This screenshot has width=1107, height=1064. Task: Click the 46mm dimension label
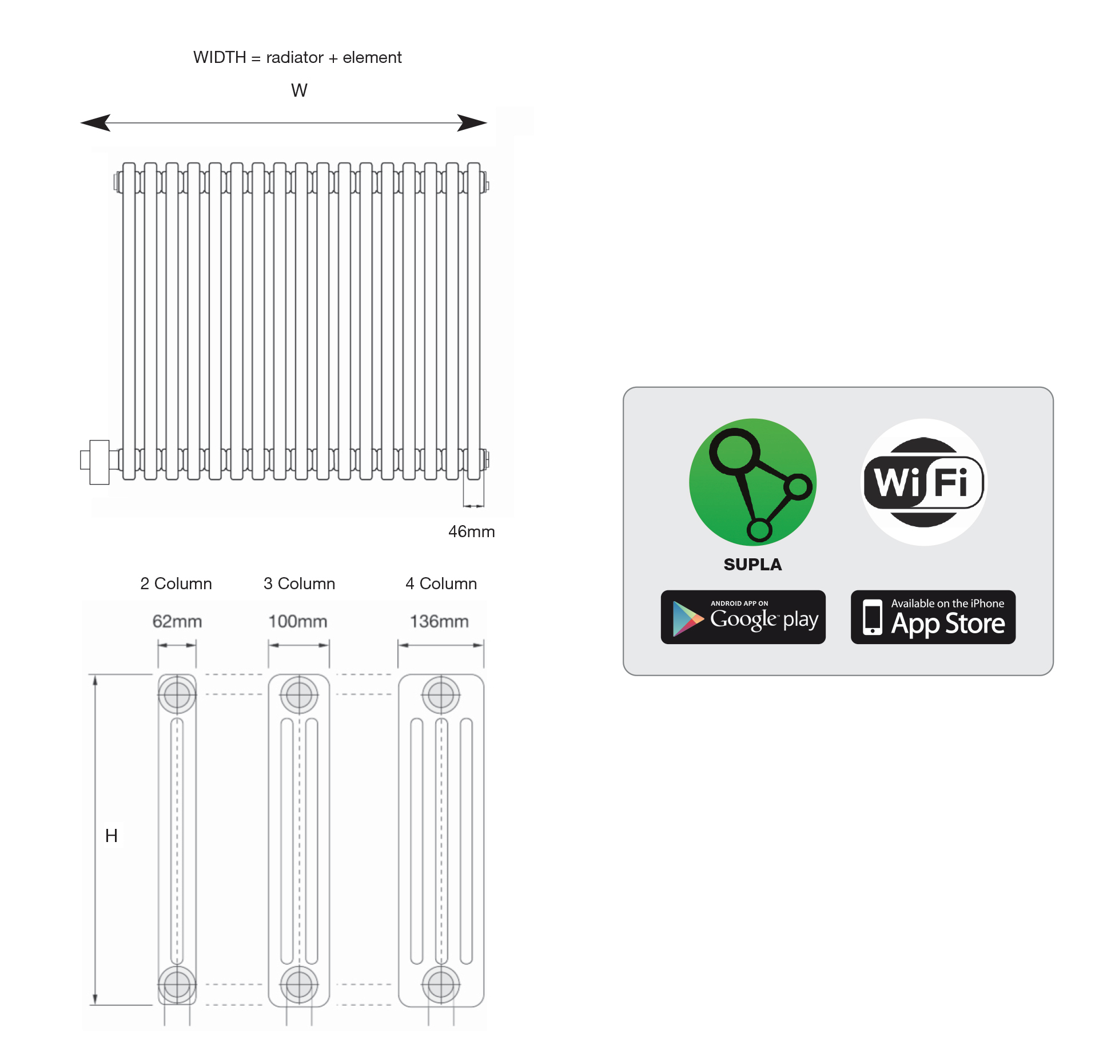click(x=471, y=531)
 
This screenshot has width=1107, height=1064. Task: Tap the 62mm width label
click(x=177, y=621)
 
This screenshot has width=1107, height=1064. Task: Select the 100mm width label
click(x=298, y=621)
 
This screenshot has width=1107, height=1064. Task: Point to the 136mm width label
click(x=439, y=621)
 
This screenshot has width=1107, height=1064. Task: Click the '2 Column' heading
click(x=176, y=583)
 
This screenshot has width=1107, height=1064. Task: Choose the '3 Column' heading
click(x=299, y=583)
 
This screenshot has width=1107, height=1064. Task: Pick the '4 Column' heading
click(x=441, y=583)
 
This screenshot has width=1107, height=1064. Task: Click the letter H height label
click(x=112, y=836)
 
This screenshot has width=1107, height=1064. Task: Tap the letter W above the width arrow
click(x=299, y=90)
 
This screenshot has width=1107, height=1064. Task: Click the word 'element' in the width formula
click(x=372, y=57)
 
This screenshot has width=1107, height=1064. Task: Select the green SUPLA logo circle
click(x=752, y=482)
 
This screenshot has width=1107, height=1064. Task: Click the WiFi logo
click(x=923, y=482)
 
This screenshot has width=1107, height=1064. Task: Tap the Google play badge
click(x=743, y=617)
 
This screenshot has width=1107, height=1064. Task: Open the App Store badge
click(x=933, y=617)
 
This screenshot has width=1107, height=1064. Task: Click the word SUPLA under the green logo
click(x=752, y=565)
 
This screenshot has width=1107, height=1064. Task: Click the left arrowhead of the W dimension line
click(x=95, y=122)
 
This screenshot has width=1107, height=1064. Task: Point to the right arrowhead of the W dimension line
click(x=472, y=122)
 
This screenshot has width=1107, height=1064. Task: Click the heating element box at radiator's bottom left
click(x=99, y=462)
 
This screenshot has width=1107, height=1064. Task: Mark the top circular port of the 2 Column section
click(x=177, y=695)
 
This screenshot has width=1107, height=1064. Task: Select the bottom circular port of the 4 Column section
click(x=441, y=984)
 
